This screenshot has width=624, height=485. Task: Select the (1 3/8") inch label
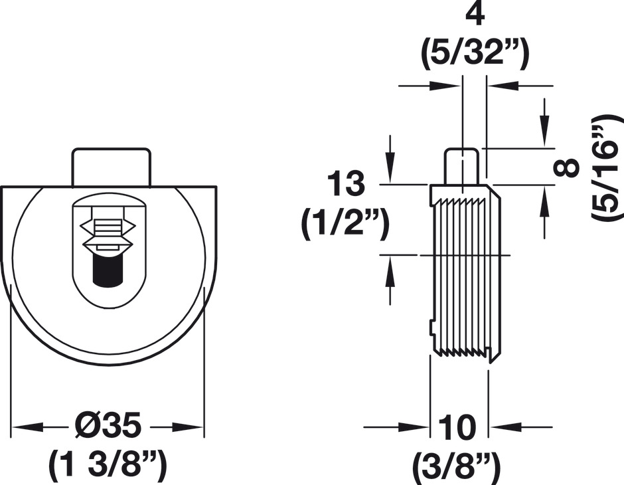coord(108,464)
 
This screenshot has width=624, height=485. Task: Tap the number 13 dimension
coord(345,184)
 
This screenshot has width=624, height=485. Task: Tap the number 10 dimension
coord(458,427)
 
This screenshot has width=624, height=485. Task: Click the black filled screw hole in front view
coord(107,269)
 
